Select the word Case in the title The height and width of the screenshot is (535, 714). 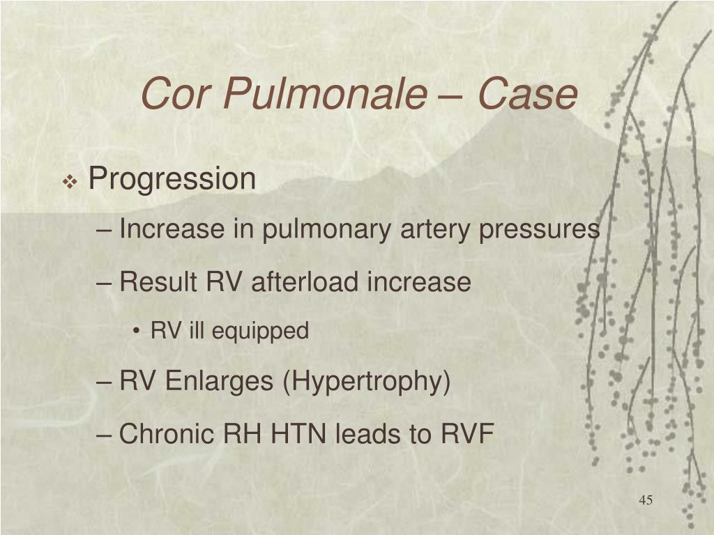point(528,95)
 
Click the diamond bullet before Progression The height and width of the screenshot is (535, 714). point(70,183)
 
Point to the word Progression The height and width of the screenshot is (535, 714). point(172,180)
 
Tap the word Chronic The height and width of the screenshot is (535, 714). point(167,435)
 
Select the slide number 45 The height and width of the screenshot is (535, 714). point(645,501)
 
